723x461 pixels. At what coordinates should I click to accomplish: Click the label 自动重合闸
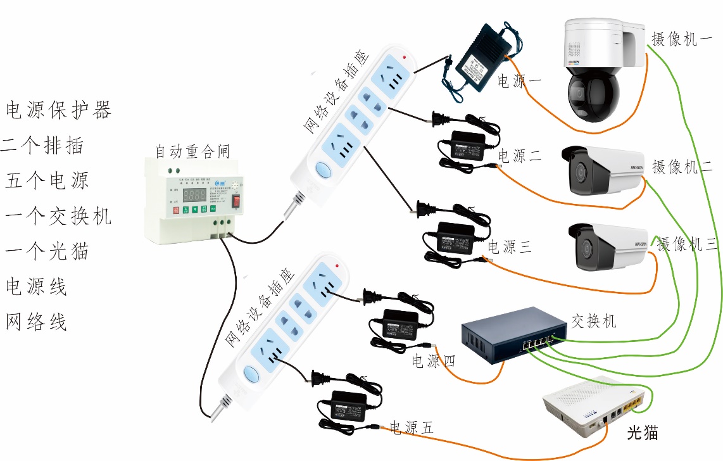click(x=192, y=152)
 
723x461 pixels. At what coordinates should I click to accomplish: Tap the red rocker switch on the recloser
click(x=237, y=201)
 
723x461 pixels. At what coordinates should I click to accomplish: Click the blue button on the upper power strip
click(x=323, y=170)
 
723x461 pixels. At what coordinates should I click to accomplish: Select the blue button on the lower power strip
click(x=252, y=375)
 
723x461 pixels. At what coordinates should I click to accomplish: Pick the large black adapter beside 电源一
click(x=479, y=57)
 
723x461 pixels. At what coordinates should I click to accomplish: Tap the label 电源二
click(x=519, y=156)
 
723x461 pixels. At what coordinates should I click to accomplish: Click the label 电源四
click(x=434, y=362)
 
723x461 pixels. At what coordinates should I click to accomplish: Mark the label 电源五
click(x=412, y=427)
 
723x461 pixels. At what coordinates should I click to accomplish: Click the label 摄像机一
click(x=682, y=39)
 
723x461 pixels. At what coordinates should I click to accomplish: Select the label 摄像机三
click(x=688, y=244)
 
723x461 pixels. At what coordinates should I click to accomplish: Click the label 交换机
click(x=593, y=321)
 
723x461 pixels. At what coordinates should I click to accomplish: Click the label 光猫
click(x=642, y=434)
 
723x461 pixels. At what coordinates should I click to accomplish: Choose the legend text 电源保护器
click(x=59, y=110)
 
